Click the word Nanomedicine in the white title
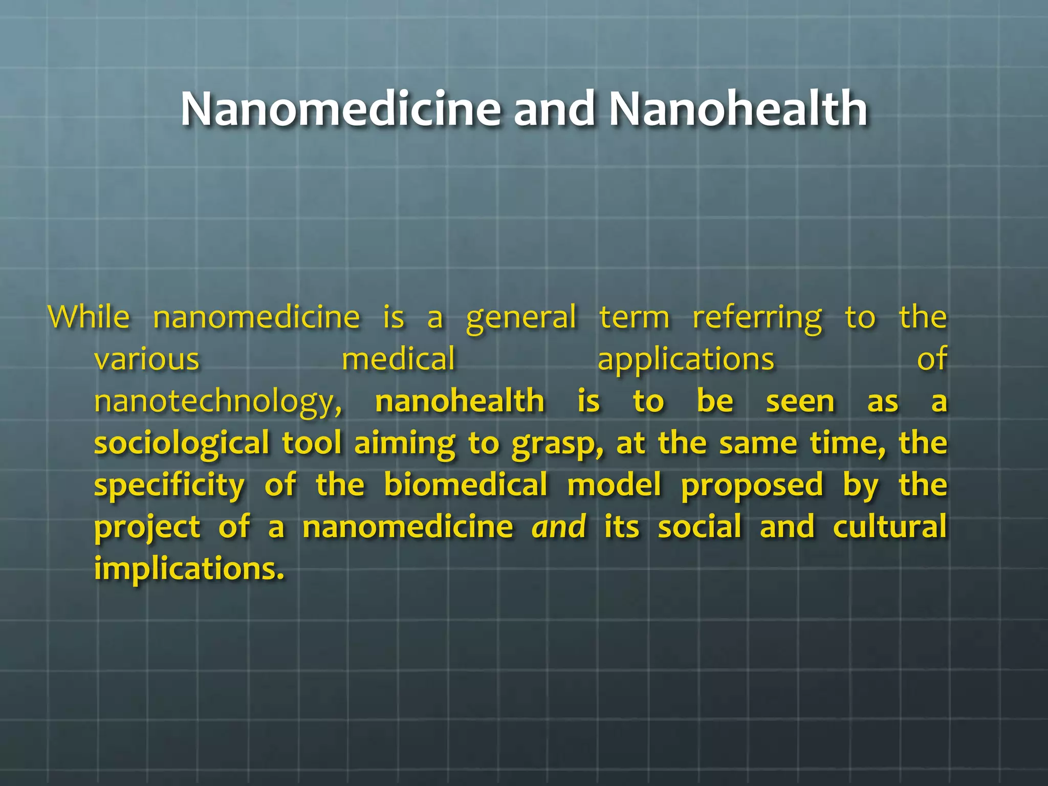340,108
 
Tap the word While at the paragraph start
89,317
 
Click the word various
147,359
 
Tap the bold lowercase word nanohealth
460,401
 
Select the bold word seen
800,402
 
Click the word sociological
182,443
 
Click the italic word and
559,527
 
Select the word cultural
889,527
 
